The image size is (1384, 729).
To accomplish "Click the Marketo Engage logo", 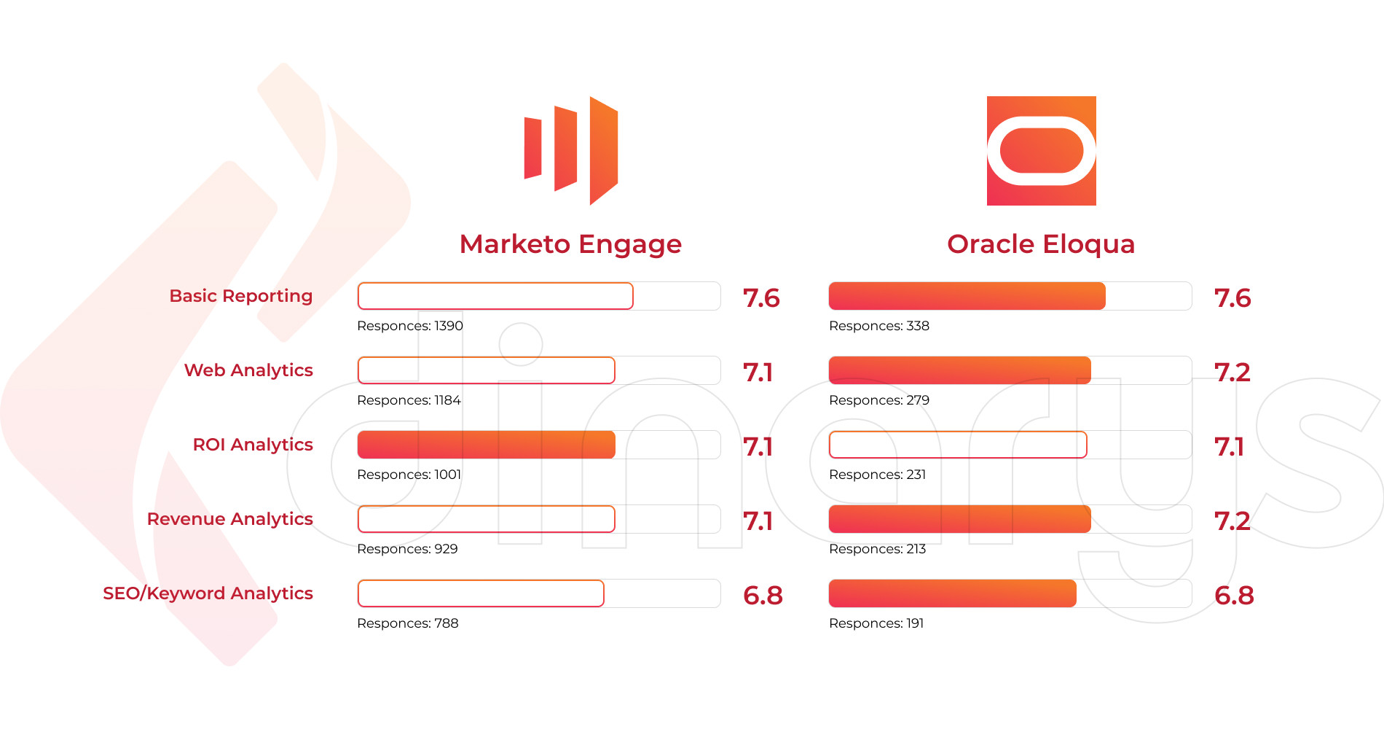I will point(571,150).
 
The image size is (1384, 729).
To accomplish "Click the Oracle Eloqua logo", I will point(1041,151).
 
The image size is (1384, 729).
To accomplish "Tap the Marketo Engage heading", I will point(570,244).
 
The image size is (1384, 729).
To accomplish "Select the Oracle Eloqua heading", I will point(1041,244).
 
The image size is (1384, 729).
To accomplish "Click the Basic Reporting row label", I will point(241,296).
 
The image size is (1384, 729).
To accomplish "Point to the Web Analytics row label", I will point(248,370).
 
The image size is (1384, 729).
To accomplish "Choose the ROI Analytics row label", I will point(253,445).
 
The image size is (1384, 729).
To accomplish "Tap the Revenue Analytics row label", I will point(230,519).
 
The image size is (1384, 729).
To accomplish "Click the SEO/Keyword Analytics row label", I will point(208,593).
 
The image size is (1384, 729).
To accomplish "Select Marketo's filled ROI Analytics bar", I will point(486,445).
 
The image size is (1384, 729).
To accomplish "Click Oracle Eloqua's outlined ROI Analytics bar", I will point(957,445).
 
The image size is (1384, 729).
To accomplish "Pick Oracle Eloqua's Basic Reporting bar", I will point(967,296).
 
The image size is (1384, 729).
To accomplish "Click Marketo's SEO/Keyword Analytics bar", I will point(481,593).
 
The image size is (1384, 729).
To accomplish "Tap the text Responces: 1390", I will point(410,326).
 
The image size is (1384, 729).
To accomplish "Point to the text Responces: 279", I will point(879,400).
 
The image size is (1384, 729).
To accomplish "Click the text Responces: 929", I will point(407,549).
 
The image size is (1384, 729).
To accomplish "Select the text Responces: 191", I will point(876,623).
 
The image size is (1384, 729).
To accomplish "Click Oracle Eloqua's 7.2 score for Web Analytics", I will point(1232,373).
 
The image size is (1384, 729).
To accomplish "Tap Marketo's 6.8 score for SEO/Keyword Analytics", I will point(763,596).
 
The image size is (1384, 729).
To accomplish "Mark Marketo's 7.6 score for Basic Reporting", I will point(761,298).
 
